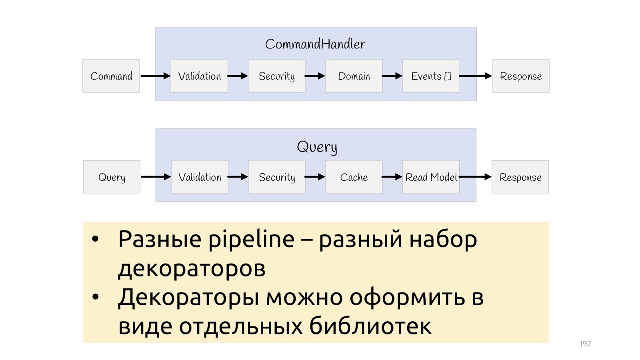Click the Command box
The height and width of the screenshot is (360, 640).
pyautogui.click(x=111, y=76)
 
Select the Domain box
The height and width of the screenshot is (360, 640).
pyautogui.click(x=354, y=76)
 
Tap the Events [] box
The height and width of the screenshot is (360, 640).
pyautogui.click(x=431, y=76)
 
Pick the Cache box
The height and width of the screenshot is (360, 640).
pyautogui.click(x=354, y=177)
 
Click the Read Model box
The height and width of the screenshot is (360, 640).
pyautogui.click(x=431, y=177)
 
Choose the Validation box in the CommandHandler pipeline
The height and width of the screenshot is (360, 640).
pyautogui.click(x=200, y=76)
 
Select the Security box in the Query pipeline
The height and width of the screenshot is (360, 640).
pyautogui.click(x=277, y=177)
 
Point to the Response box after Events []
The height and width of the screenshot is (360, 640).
pyautogui.click(x=521, y=76)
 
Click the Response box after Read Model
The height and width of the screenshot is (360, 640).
pyautogui.click(x=520, y=177)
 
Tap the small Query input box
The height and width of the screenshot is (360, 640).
pyautogui.click(x=112, y=177)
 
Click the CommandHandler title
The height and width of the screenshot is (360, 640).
pyautogui.click(x=315, y=44)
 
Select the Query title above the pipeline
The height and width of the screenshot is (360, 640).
pyautogui.click(x=317, y=147)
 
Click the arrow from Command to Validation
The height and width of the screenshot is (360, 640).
pyautogui.click(x=155, y=76)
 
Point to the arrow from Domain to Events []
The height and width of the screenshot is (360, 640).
pyautogui.click(x=392, y=76)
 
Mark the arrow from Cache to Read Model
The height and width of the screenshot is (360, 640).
pyautogui.click(x=392, y=177)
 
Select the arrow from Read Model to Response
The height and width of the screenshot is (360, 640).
pyautogui.click(x=476, y=177)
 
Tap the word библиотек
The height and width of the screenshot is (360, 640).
pyautogui.click(x=370, y=326)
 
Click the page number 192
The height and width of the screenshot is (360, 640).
pyautogui.click(x=585, y=344)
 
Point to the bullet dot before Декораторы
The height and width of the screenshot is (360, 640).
pyautogui.click(x=95, y=297)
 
